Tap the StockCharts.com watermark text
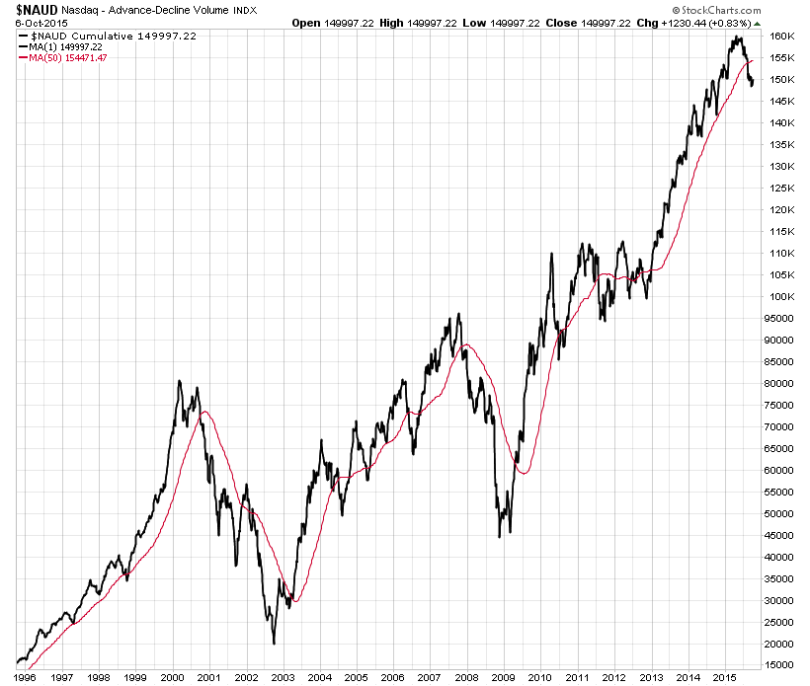[x=712, y=22]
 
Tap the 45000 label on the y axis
[x=780, y=536]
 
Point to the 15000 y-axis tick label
[x=780, y=666]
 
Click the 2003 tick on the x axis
[x=283, y=677]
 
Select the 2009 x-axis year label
[x=503, y=677]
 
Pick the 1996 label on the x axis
[x=26, y=677]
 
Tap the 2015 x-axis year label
[x=724, y=677]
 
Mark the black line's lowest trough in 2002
[x=274, y=644]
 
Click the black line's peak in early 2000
[x=179, y=381]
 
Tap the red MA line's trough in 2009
[x=524, y=474]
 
